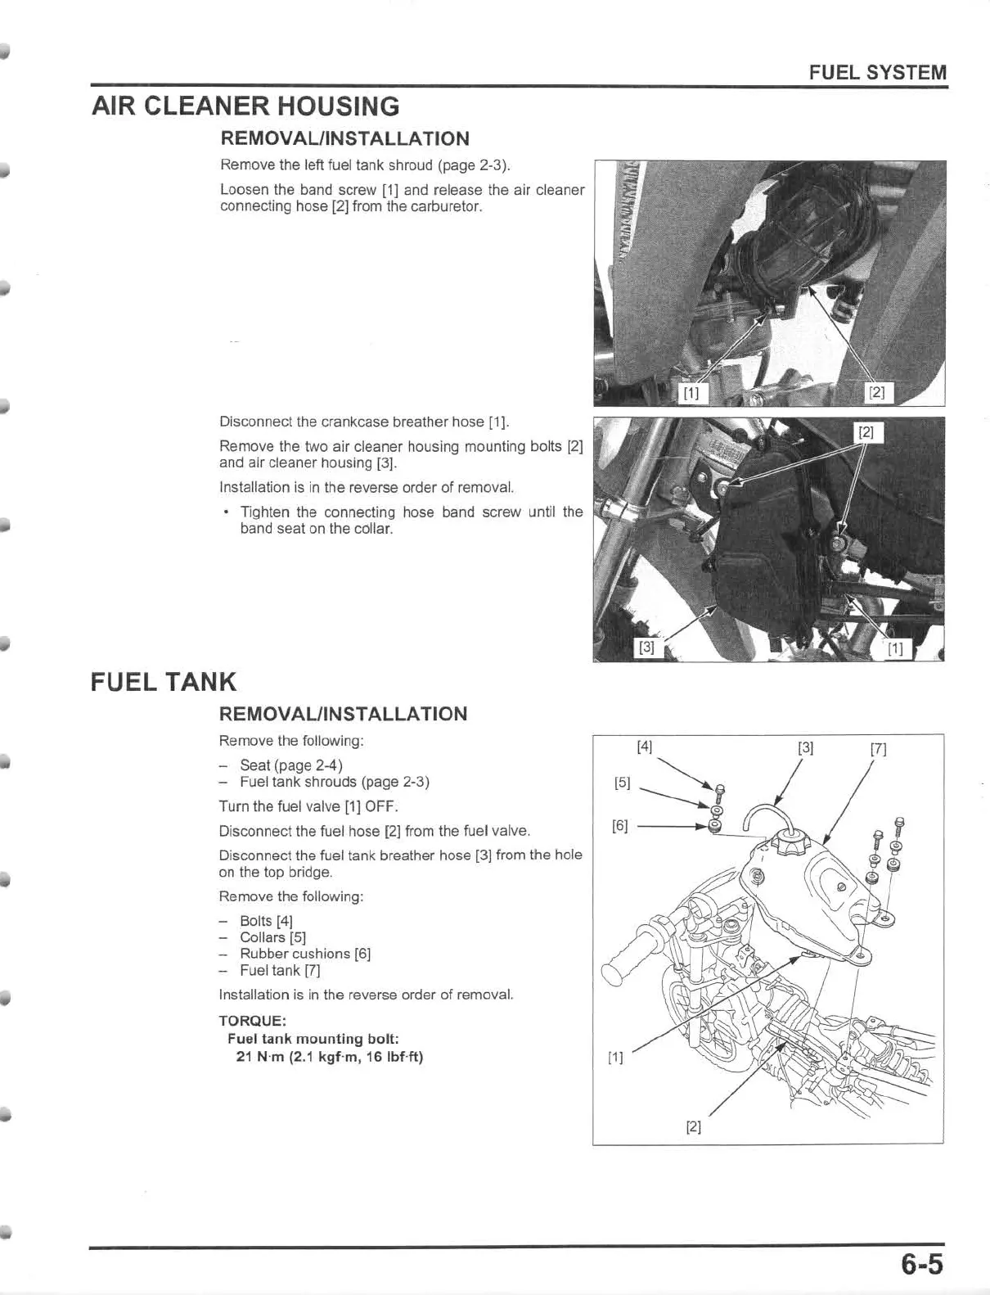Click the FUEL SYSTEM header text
877,72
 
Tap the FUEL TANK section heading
164,681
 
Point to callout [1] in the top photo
691,393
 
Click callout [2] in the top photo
876,393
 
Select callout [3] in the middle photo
646,647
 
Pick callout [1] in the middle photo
896,649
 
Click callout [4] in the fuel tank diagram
645,747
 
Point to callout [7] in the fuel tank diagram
879,748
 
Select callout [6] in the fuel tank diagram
620,825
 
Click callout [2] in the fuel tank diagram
693,1127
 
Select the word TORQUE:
252,1021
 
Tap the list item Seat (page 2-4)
290,765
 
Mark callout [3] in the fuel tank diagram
806,747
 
